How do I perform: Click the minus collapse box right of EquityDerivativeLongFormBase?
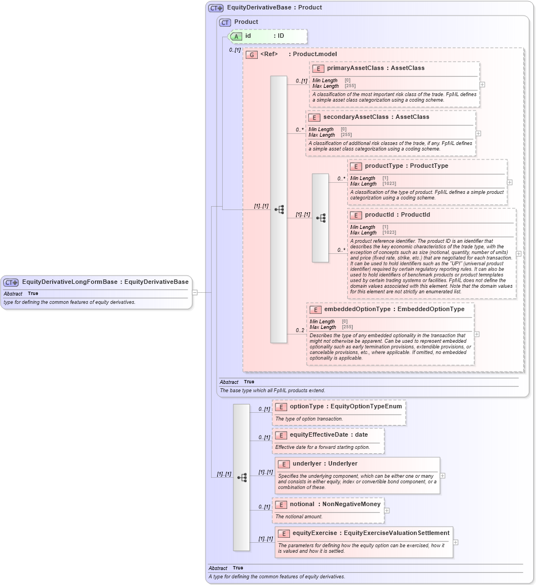(x=195, y=292)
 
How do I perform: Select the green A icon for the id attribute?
(x=236, y=36)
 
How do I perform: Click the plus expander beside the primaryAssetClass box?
(x=482, y=84)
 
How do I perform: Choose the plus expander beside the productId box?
(x=518, y=253)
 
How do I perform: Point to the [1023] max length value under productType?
(x=389, y=184)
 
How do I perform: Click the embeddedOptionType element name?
(x=357, y=309)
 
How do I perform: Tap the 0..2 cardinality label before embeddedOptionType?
(x=300, y=331)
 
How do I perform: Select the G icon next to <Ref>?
(x=252, y=54)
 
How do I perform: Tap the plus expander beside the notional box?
(x=387, y=511)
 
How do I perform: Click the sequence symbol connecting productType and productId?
(x=320, y=218)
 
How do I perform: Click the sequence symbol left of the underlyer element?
(x=242, y=477)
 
